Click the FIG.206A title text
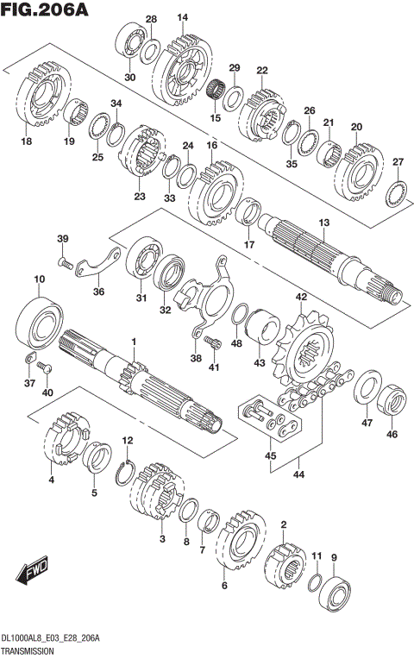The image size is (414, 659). point(45,9)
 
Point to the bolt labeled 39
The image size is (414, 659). point(66,263)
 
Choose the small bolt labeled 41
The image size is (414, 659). point(213,342)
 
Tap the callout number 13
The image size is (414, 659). point(324,223)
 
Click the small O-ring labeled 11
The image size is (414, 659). point(315,582)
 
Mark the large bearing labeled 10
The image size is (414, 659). point(39,323)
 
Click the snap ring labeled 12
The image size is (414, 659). point(125,474)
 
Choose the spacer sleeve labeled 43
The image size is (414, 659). point(262,330)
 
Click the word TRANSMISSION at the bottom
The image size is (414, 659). point(28,651)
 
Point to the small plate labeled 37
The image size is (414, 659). point(29,358)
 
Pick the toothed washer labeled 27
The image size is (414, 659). point(397,193)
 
